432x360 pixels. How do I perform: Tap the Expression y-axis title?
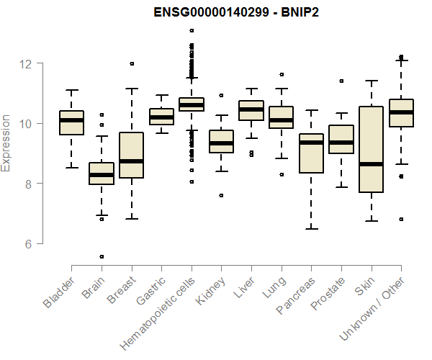click(6, 143)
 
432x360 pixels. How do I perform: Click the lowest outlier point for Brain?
click(102, 256)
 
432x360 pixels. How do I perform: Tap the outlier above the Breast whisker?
click(132, 63)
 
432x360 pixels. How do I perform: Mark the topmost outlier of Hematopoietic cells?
click(192, 30)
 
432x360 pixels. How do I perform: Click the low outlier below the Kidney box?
click(222, 195)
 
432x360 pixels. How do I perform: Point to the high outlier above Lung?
click(282, 74)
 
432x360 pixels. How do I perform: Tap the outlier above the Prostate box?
click(341, 81)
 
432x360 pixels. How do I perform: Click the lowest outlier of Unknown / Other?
click(402, 219)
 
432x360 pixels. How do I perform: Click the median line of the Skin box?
click(372, 164)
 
